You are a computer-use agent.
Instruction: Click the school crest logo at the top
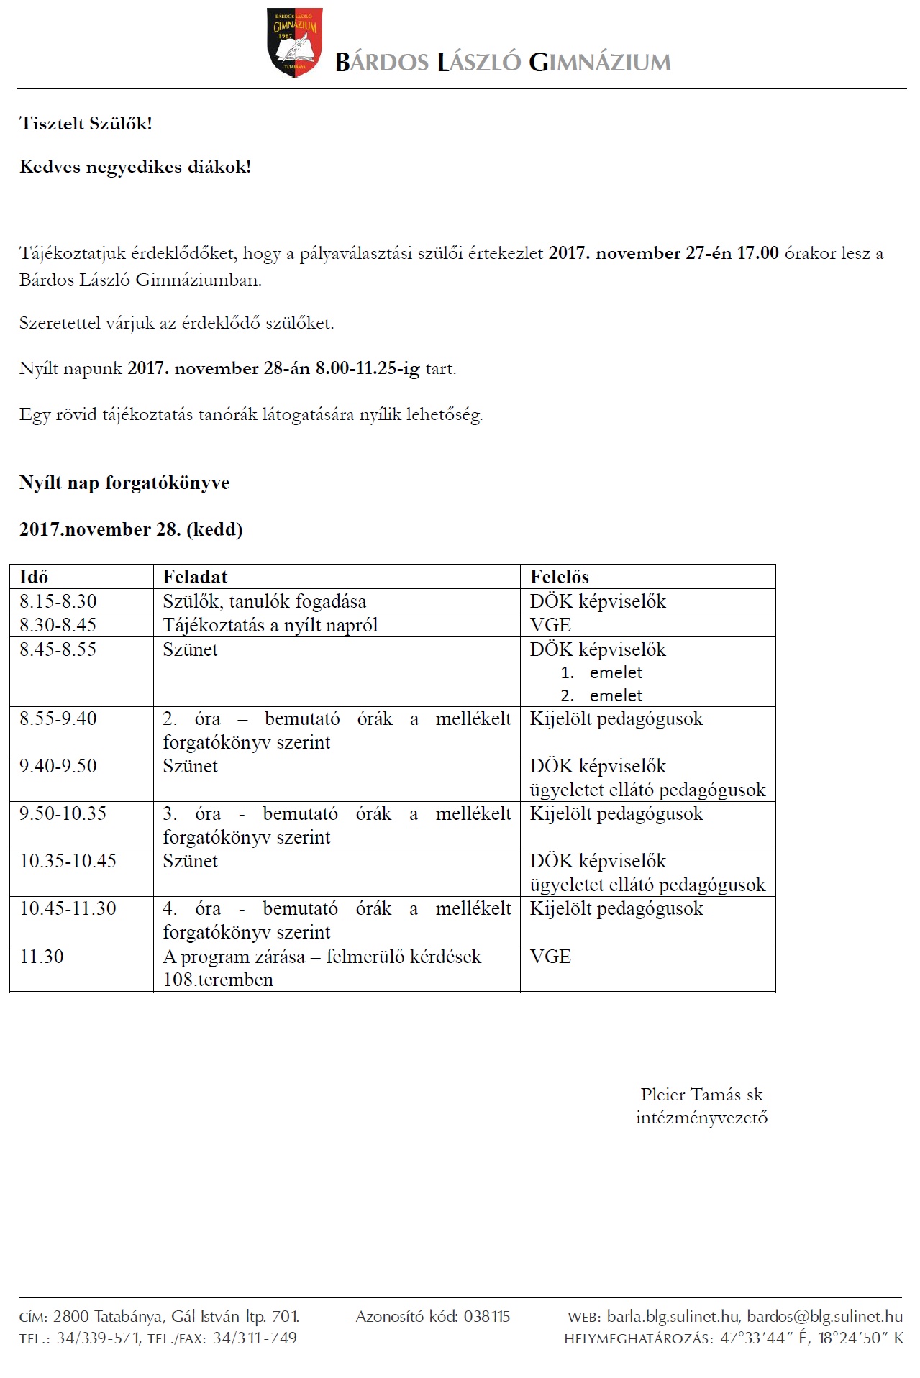[x=294, y=42]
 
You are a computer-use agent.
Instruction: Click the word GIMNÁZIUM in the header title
[x=600, y=63]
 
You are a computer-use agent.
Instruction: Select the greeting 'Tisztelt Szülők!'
[x=86, y=124]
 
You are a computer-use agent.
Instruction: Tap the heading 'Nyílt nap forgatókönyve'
[x=124, y=483]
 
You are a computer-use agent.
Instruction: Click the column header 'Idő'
[x=34, y=577]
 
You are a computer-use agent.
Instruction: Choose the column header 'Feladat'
[x=195, y=577]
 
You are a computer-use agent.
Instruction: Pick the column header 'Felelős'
[x=559, y=577]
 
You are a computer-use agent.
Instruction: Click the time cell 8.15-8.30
[x=58, y=601]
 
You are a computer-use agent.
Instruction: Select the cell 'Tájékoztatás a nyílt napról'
[x=270, y=625]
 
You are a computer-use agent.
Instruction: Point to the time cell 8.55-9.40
[x=58, y=718]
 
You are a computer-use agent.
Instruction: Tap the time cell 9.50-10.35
[x=63, y=813]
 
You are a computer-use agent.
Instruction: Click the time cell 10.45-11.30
[x=68, y=908]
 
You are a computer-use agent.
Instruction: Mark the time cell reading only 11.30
[x=42, y=957]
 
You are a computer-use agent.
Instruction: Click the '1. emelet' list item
[x=602, y=672]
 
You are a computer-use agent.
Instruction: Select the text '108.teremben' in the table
[x=218, y=980]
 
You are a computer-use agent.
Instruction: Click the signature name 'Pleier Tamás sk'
[x=701, y=1095]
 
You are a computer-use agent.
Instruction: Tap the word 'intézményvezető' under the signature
[x=701, y=1118]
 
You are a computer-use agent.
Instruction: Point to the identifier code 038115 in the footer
[x=487, y=1317]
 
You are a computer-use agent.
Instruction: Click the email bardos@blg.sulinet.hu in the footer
[x=824, y=1317]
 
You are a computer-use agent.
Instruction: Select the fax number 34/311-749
[x=255, y=1338]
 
